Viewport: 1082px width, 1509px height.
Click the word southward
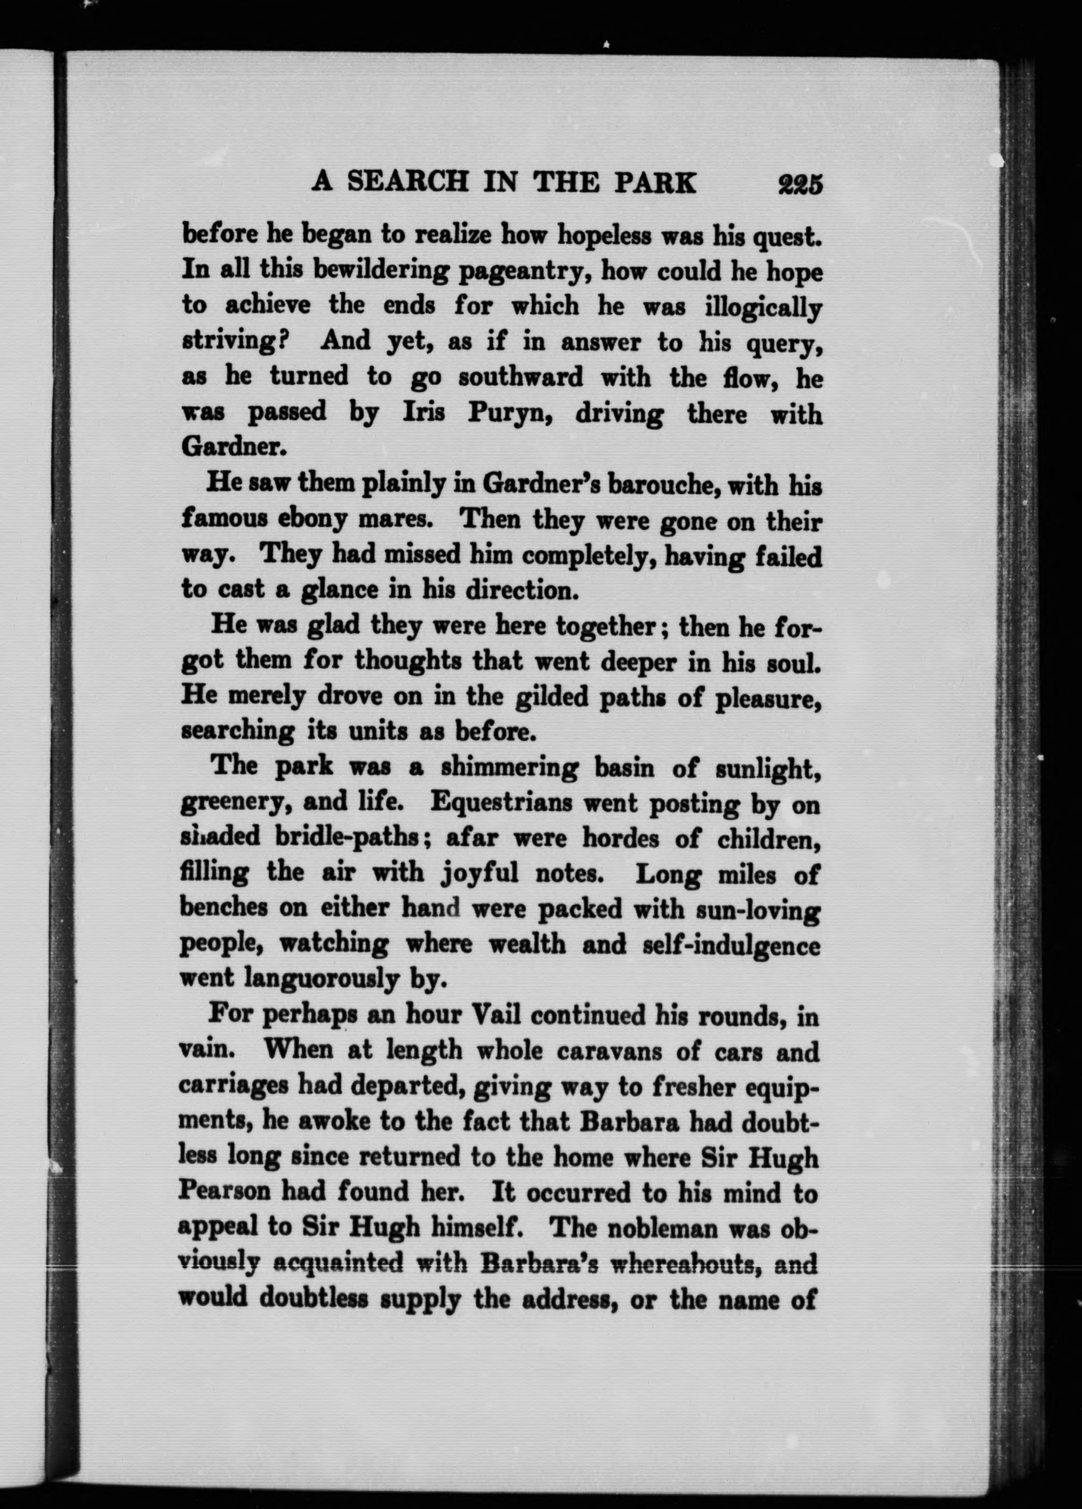[520, 377]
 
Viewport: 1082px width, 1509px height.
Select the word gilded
[558, 696]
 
